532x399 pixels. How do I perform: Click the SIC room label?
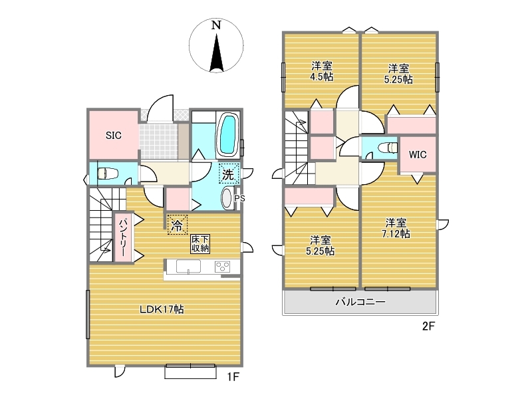point(113,136)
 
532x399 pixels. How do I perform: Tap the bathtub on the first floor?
point(228,135)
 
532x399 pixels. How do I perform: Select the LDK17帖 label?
point(162,309)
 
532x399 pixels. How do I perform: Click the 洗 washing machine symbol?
point(228,174)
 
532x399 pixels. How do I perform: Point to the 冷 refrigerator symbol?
point(177,225)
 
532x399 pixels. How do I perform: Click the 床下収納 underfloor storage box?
point(200,243)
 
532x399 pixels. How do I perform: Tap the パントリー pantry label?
point(123,237)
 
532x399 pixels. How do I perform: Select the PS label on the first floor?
point(239,198)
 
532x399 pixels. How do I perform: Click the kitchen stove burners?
point(223,267)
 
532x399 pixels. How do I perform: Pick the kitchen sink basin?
point(188,267)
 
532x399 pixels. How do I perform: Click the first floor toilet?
point(108,174)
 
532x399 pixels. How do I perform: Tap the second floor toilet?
point(388,148)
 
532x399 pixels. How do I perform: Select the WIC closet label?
point(418,155)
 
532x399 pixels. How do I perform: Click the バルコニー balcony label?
point(360,302)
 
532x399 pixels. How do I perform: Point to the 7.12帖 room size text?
point(396,234)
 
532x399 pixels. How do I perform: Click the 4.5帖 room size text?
point(321,76)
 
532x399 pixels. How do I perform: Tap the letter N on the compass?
point(216,25)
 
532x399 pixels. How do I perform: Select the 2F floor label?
point(428,327)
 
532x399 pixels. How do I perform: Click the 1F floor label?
point(233,377)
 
